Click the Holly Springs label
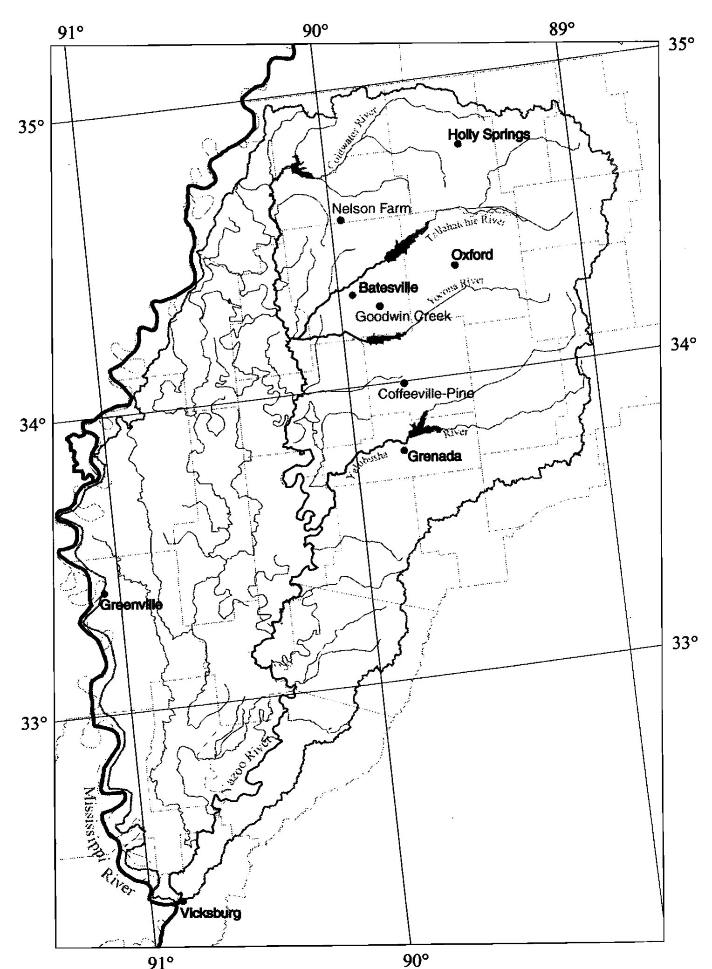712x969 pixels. [x=488, y=134]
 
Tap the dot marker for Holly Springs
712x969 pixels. [x=458, y=144]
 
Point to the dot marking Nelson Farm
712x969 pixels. [x=341, y=220]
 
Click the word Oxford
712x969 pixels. [x=472, y=255]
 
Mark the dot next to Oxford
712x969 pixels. [x=455, y=265]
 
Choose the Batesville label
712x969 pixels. [x=388, y=287]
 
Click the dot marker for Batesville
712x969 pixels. [x=353, y=295]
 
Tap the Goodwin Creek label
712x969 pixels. [x=403, y=317]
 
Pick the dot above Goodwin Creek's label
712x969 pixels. [x=380, y=306]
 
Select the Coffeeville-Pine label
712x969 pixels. [x=426, y=394]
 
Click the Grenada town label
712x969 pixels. [x=434, y=456]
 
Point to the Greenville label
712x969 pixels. [x=131, y=605]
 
